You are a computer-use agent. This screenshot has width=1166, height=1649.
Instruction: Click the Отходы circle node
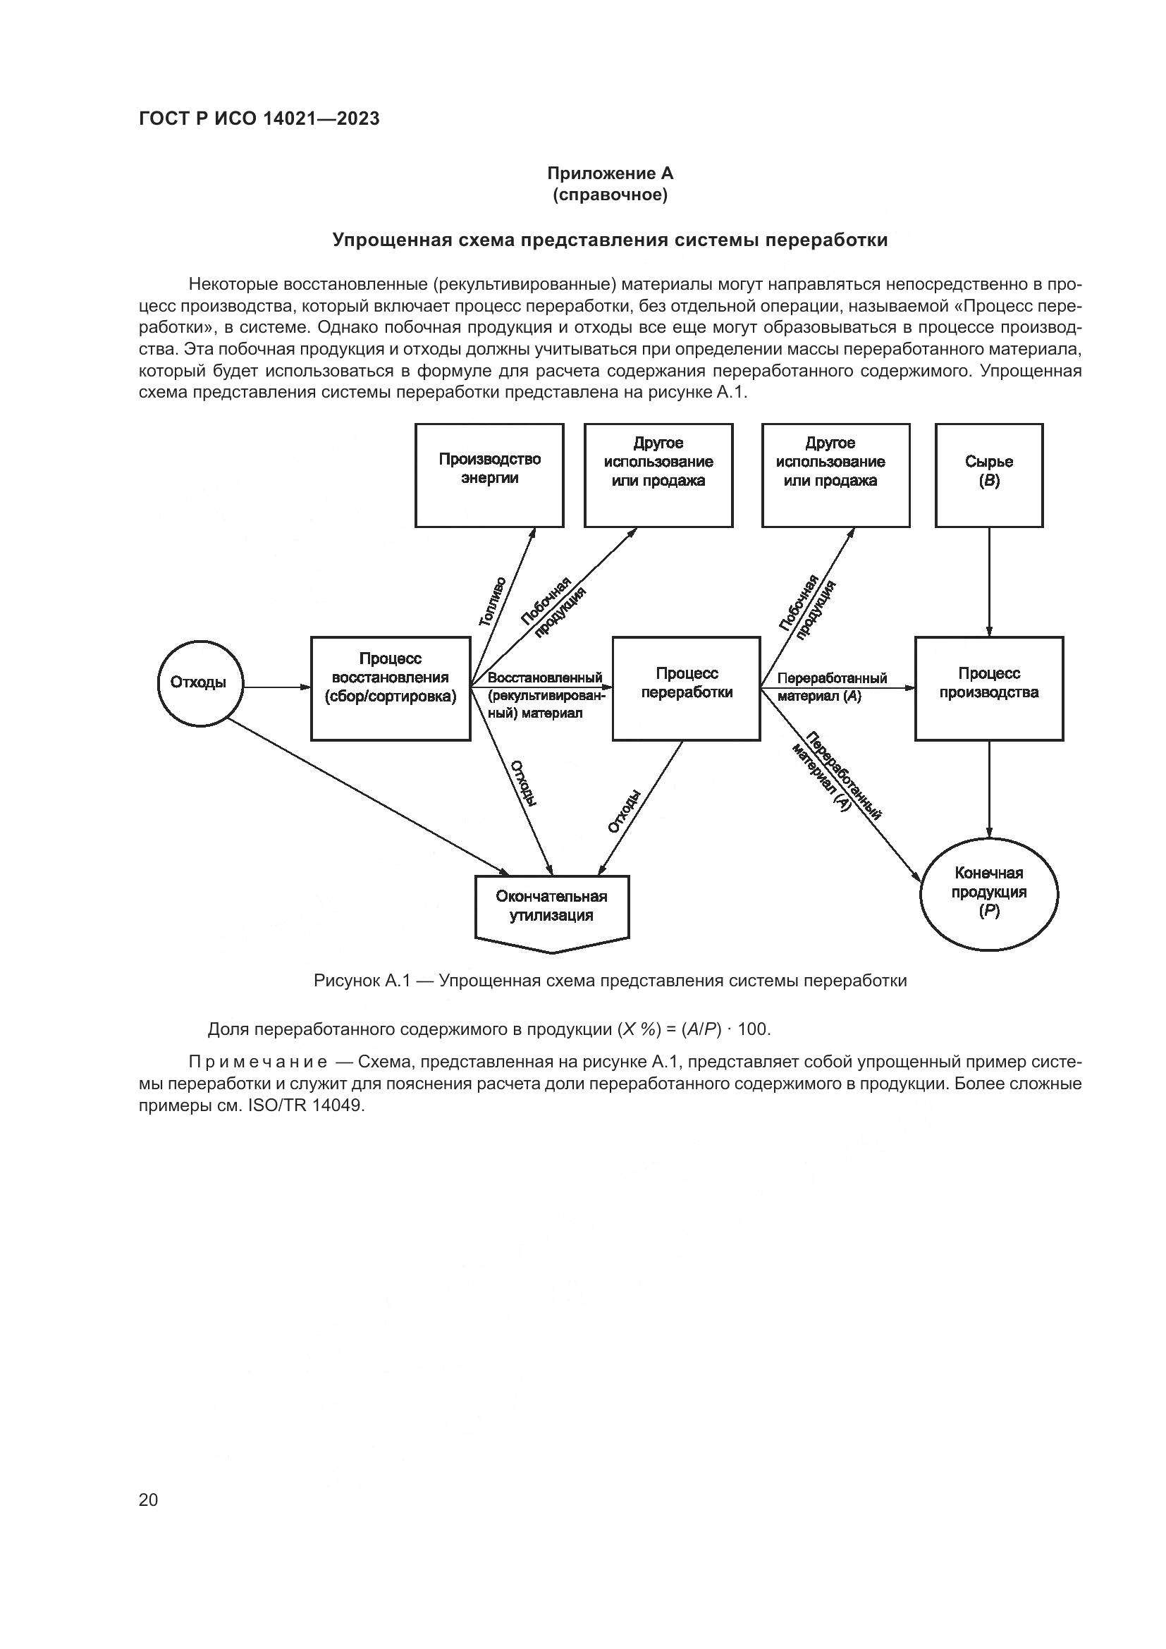coord(200,682)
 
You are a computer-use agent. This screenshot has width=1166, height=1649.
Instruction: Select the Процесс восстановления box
coord(391,688)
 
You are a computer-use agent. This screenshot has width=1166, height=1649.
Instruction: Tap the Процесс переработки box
coord(687,688)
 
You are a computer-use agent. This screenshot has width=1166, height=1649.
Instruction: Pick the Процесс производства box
coord(988,688)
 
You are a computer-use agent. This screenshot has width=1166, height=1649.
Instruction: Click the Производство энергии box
coord(490,474)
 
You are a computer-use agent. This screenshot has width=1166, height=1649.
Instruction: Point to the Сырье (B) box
coord(988,474)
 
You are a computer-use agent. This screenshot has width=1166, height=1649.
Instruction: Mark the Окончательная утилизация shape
coord(551,909)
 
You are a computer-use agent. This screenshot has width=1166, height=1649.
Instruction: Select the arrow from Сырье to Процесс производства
coord(989,582)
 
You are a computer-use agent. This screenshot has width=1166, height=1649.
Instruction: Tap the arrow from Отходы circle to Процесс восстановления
coord(276,687)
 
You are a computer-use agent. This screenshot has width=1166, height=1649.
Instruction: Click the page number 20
coord(148,1500)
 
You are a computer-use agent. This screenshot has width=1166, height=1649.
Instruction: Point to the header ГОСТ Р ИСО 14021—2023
coord(259,119)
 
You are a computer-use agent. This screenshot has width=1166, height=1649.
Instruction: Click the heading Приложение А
coord(610,173)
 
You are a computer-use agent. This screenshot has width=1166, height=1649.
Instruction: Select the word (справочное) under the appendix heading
coord(610,195)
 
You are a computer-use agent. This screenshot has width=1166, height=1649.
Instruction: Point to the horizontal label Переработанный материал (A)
coord(831,687)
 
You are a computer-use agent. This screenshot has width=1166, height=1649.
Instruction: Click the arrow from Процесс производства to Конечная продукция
coord(989,790)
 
